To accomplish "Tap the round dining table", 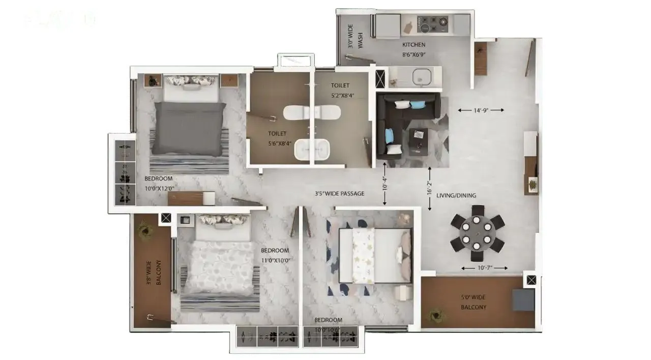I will pos(477,232).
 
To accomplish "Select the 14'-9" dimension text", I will pos(481,110).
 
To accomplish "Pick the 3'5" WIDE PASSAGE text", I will pos(339,194).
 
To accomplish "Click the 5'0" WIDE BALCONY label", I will pos(474,302).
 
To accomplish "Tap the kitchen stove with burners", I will pos(433,22).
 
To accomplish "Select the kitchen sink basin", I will pos(422,77).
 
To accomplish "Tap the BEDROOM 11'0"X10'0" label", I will pos(275,255).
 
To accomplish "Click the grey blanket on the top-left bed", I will pos(189,128).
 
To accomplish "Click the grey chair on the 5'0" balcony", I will pos(523,299).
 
